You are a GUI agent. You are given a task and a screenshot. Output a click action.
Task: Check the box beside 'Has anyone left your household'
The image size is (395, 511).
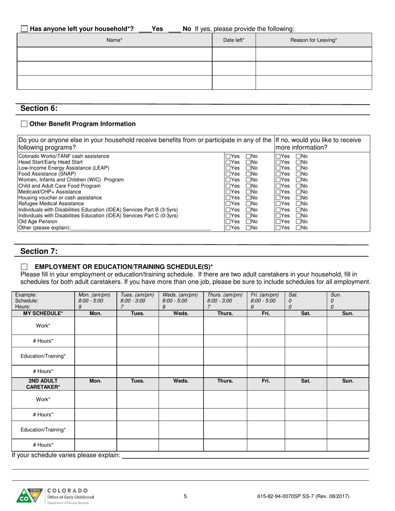24,29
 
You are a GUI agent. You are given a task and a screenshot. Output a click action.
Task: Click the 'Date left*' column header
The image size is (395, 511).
234,40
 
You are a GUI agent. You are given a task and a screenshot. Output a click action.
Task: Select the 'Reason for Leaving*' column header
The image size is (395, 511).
314,40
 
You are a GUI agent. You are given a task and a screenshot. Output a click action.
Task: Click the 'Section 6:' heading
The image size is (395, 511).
39,108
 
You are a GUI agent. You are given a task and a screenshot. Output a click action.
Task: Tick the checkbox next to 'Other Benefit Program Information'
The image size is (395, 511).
24,124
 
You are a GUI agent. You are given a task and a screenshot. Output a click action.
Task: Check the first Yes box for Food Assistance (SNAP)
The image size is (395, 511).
228,174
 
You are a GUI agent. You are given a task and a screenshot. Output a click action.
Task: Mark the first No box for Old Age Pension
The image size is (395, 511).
248,222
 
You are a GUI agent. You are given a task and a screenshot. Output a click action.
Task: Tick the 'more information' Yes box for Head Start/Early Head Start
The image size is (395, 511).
278,162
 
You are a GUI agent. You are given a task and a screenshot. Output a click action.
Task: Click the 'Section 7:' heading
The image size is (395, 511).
39,251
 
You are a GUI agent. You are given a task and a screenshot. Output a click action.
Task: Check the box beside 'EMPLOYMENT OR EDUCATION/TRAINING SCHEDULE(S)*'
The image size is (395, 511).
24,267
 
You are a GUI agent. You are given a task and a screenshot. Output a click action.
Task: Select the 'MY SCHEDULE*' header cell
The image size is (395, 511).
43,314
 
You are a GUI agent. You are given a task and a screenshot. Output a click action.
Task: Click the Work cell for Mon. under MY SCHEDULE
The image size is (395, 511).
96,326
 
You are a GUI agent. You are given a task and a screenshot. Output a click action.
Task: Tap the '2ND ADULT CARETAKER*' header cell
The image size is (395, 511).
43,384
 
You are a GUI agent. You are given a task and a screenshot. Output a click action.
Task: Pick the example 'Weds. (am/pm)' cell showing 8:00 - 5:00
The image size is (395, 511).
181,301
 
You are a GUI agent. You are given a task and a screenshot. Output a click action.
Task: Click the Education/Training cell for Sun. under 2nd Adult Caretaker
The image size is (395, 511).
348,430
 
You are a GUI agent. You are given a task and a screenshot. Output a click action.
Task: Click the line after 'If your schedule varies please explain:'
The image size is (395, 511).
245,456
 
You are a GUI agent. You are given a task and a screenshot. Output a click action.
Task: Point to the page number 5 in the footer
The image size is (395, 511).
185,496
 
